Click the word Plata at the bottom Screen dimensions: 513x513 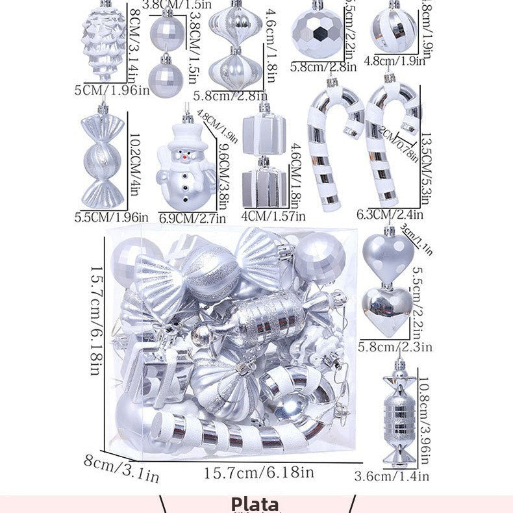[x=255, y=503]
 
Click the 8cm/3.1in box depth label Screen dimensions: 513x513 [x=121, y=468]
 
